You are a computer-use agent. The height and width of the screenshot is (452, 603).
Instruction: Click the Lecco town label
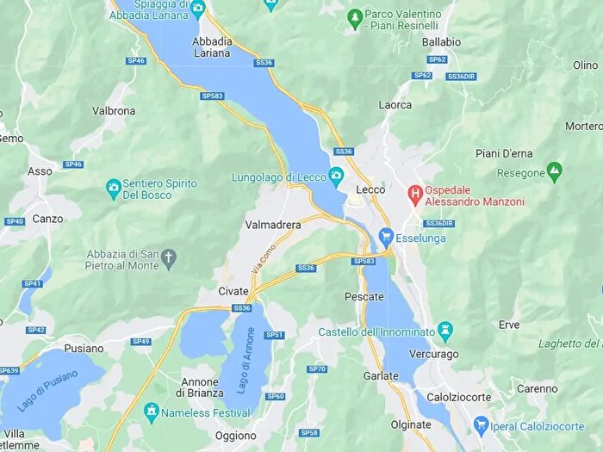pos(370,189)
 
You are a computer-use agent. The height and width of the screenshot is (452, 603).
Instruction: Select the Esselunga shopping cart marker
pos(386,236)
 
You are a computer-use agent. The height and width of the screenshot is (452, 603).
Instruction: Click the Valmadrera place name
pos(273,225)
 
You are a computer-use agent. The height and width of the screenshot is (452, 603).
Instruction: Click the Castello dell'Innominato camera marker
pos(444,331)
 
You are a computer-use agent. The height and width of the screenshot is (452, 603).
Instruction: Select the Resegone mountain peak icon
pos(554,173)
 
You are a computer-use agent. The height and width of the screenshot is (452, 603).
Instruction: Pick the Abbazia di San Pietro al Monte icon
pos(169,257)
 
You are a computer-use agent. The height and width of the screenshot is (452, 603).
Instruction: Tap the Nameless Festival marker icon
pos(152,412)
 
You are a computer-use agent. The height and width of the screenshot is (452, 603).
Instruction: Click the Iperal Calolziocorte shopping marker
pos(482,425)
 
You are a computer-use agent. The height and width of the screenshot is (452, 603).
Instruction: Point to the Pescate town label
pos(364,297)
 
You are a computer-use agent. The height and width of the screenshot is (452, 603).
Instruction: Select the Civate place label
pos(233,290)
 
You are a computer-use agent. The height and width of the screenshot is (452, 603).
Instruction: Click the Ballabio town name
pos(442,42)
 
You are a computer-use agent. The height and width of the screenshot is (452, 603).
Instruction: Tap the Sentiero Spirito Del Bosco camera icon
pos(113,187)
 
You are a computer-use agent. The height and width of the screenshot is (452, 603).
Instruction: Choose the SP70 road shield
pos(317,369)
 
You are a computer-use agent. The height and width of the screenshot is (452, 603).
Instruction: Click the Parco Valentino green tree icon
pos(354,16)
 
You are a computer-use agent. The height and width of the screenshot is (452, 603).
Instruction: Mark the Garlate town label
pos(381,376)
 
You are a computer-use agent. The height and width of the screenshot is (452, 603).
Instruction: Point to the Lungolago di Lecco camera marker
pos(336,176)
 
